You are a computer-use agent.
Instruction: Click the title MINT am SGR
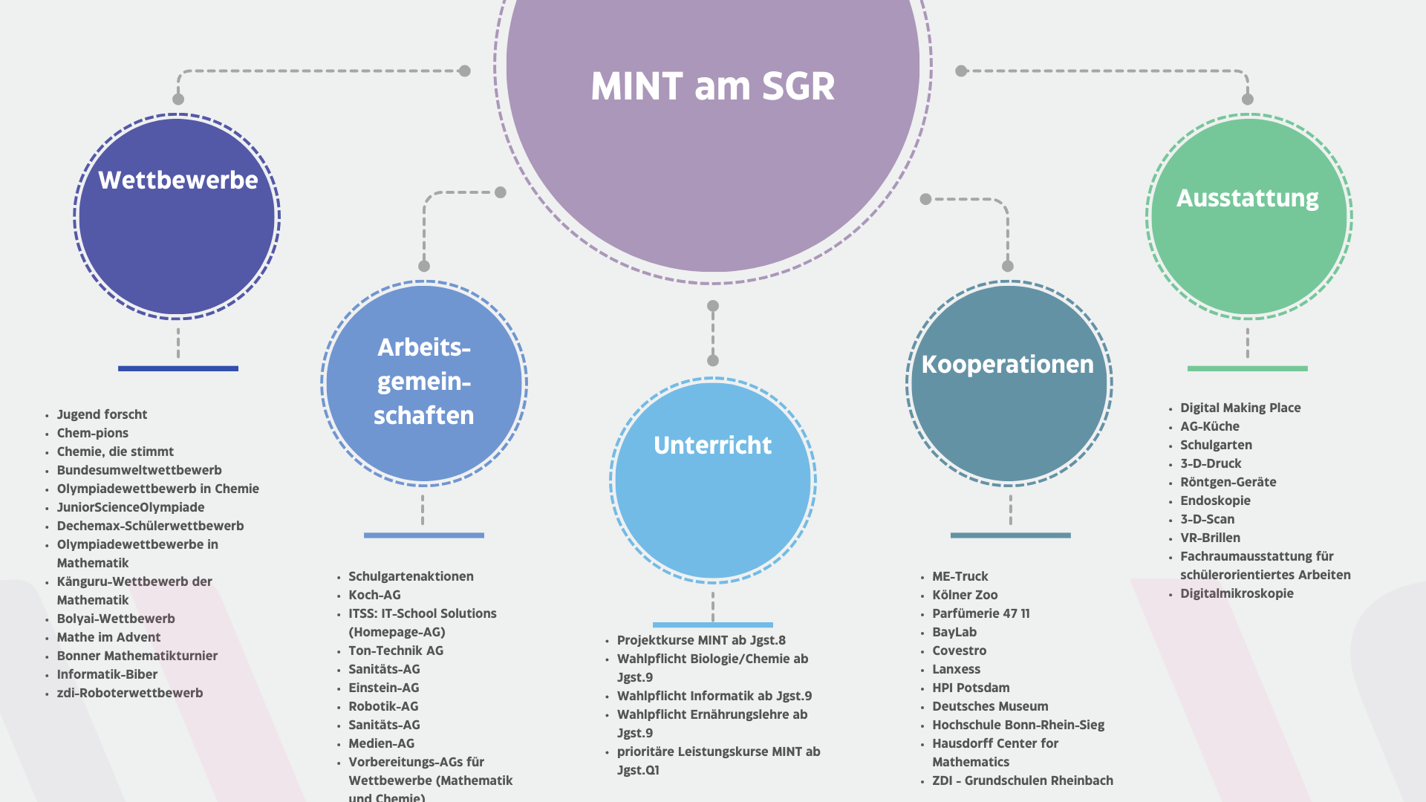coord(713,86)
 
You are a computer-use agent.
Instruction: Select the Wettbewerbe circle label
coord(178,180)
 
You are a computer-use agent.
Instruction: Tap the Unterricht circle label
coord(713,446)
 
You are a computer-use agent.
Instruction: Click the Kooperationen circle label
coord(1008,365)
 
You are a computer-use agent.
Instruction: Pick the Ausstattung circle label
coord(1248,198)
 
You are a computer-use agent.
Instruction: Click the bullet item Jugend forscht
coord(102,414)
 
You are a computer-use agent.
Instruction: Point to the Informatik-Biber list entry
coord(107,674)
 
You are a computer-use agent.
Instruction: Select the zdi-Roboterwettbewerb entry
coord(130,693)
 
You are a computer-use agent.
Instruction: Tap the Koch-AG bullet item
coord(374,595)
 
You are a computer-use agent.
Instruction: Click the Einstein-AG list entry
coord(384,688)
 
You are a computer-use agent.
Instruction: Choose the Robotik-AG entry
coord(383,706)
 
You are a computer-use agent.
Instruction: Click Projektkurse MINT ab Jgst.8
coord(701,640)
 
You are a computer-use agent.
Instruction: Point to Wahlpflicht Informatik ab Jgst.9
coord(714,696)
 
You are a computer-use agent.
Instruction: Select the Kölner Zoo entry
coord(965,595)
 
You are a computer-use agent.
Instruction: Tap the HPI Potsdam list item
coord(971,688)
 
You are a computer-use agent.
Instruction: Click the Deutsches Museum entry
coord(990,706)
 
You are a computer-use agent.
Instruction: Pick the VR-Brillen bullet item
coord(1210,538)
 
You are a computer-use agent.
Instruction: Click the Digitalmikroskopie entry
coord(1237,593)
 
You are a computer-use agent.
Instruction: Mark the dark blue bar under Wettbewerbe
coord(178,368)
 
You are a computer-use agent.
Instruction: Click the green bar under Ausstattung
coord(1248,368)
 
